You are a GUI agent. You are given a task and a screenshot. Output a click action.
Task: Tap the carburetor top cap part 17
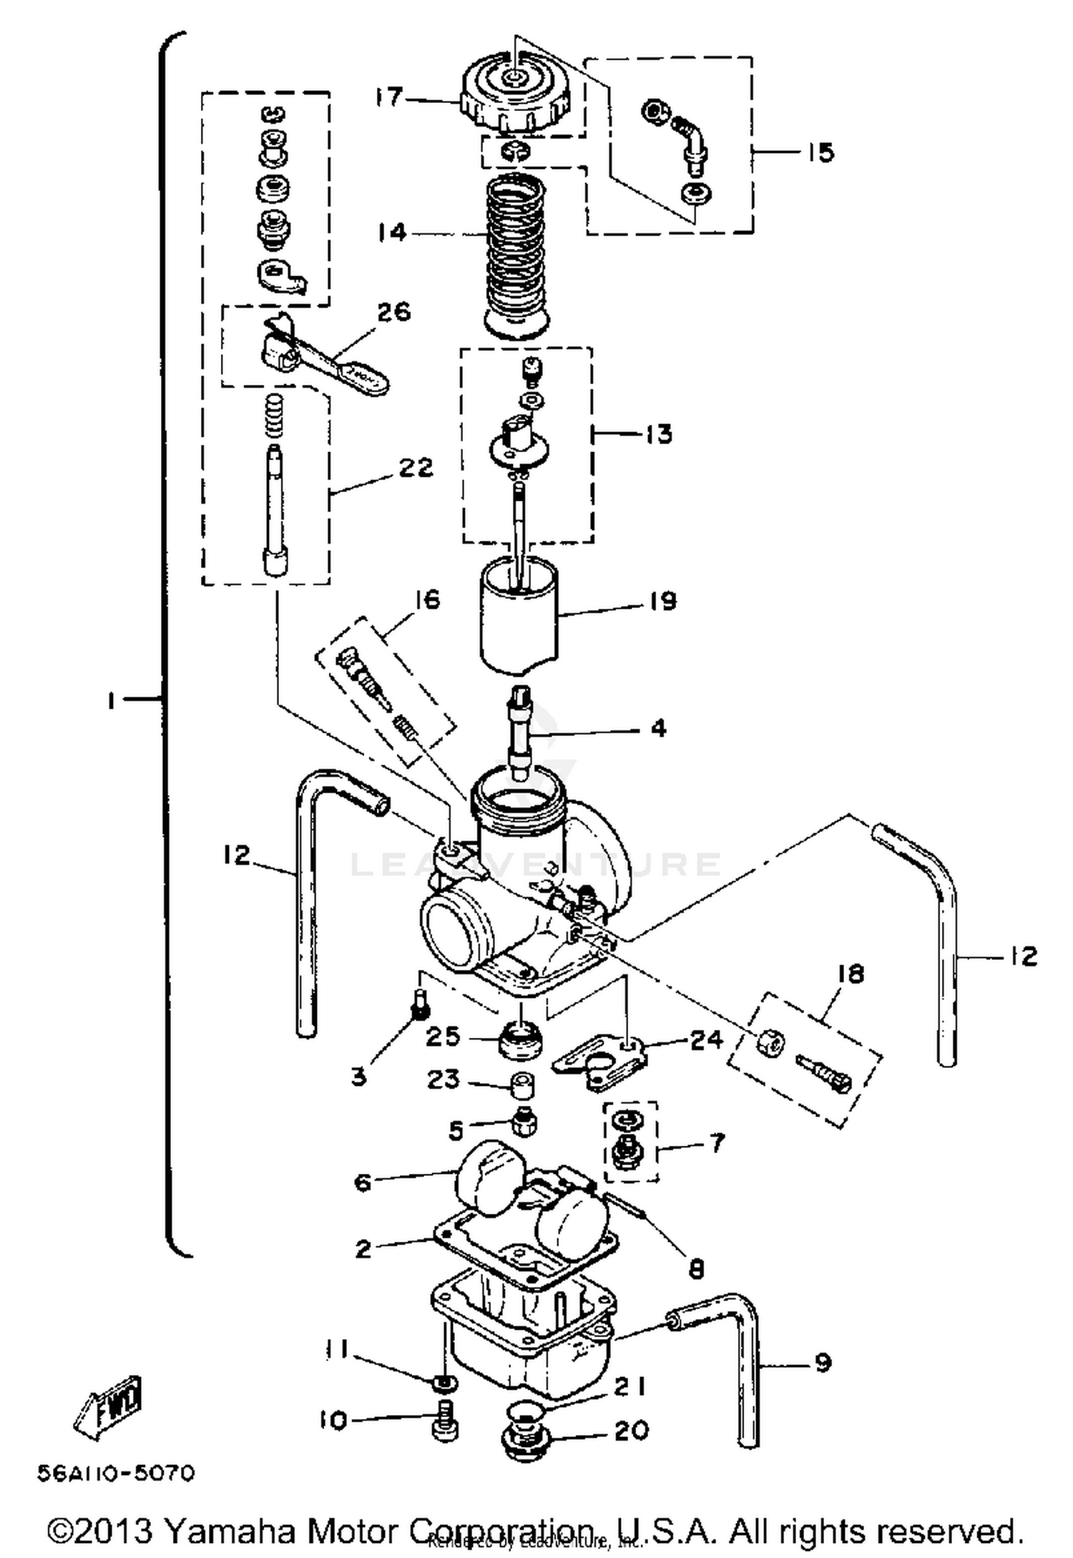coord(516,93)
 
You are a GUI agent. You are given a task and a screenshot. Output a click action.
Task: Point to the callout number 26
coord(393,313)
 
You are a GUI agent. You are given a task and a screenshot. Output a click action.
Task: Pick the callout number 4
coord(658,728)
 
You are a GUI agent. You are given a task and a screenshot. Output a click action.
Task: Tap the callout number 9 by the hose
coord(823,1363)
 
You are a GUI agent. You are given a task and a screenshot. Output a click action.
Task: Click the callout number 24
coord(706,1039)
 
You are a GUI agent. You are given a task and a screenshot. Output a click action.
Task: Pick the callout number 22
coord(416,468)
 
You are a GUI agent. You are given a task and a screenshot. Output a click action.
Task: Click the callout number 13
coord(658,433)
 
